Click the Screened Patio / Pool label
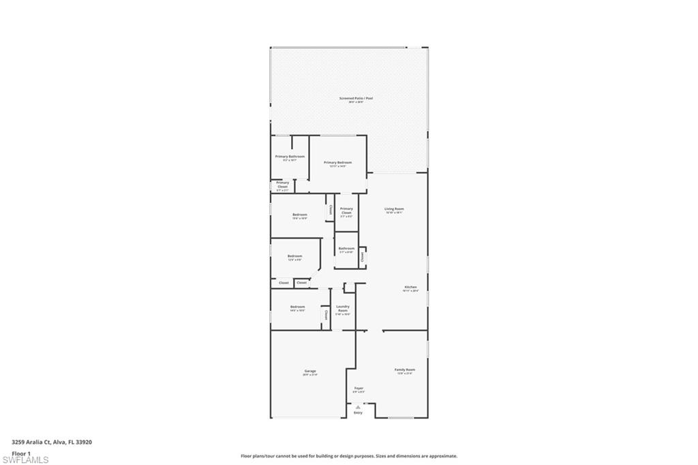(x=356, y=98)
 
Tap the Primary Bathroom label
(x=290, y=157)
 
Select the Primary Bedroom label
(x=338, y=162)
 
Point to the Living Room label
(x=394, y=209)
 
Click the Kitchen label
(x=410, y=287)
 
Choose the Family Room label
(x=405, y=370)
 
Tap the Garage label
(x=309, y=371)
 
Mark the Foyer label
(x=359, y=388)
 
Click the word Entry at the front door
(x=358, y=412)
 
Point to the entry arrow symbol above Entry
(x=358, y=406)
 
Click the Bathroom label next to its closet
(x=346, y=248)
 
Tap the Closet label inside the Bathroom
(x=362, y=256)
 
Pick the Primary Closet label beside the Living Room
(x=346, y=211)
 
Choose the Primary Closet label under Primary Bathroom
(x=282, y=184)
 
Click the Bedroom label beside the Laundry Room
(x=297, y=307)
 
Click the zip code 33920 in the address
(x=84, y=442)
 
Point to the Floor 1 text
(x=21, y=453)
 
